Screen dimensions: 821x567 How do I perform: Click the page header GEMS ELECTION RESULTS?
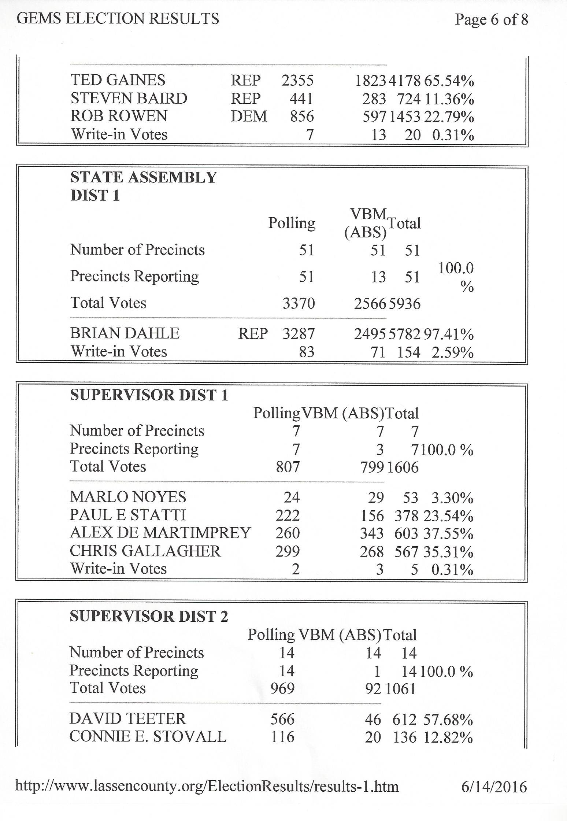[118, 19]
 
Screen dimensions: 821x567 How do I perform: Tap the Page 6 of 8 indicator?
[491, 19]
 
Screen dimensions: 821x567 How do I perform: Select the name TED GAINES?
[118, 80]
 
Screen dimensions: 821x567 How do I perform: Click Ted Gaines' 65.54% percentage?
[449, 81]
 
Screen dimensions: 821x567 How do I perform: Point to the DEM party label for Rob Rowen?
[249, 117]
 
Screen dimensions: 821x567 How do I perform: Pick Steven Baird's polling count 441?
[301, 99]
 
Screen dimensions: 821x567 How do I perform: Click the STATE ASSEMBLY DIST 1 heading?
[144, 186]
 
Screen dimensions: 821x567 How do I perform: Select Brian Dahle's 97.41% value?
[449, 334]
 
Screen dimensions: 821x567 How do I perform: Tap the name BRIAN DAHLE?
[125, 333]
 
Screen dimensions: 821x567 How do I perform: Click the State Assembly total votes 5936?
[404, 304]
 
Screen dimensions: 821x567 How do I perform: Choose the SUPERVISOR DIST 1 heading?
[149, 395]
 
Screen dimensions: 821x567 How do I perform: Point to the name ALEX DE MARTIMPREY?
[160, 533]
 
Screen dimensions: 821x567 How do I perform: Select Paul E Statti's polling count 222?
[288, 515]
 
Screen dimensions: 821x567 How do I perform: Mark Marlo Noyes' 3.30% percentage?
[452, 498]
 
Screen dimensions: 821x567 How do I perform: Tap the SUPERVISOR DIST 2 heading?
[149, 617]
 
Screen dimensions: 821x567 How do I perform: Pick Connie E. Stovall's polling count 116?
[282, 737]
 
